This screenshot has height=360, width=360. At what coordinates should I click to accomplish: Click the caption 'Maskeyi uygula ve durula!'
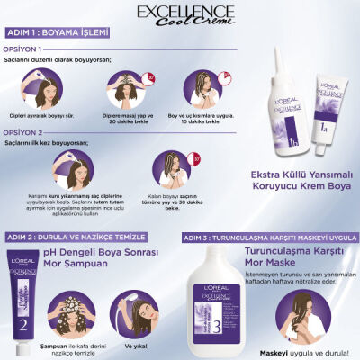point(307,350)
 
